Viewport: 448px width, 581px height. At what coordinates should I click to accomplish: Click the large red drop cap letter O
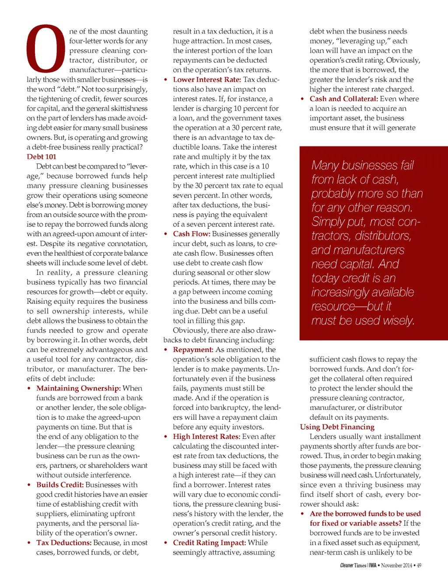(45, 49)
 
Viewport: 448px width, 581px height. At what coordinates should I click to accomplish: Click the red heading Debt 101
(42, 157)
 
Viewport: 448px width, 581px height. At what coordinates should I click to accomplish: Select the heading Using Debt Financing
(337, 427)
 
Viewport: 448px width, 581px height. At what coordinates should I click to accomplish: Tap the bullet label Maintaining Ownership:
(78, 388)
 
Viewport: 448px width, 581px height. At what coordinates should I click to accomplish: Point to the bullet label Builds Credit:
(60, 485)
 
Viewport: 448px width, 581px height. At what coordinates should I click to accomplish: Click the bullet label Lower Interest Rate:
(207, 80)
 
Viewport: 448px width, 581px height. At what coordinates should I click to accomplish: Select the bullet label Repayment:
(193, 350)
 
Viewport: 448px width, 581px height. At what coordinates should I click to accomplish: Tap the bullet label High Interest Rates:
(206, 436)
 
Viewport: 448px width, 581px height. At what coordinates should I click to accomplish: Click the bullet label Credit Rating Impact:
(209, 543)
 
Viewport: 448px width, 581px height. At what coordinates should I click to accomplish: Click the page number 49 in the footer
(419, 565)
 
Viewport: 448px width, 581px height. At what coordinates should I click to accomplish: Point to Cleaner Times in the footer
(353, 565)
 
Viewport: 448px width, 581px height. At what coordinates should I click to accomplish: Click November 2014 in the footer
(396, 565)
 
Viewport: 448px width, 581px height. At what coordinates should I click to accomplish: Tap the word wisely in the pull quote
(398, 320)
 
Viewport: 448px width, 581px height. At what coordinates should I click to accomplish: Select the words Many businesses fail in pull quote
(362, 165)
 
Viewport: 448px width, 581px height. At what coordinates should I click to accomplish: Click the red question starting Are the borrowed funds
(365, 518)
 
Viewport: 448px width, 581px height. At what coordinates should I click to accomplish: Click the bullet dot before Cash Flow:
(166, 234)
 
